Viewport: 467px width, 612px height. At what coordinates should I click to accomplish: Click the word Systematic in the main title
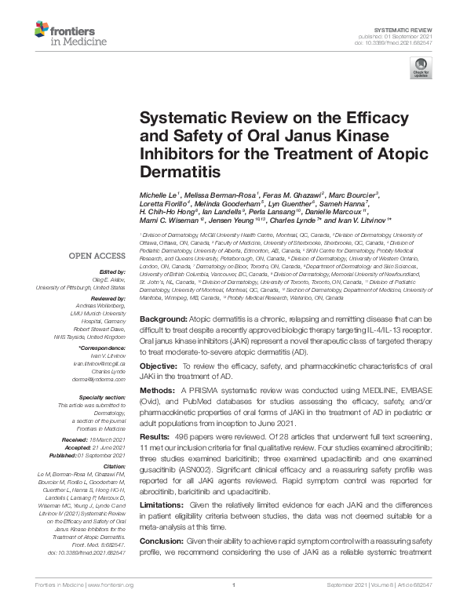(178, 118)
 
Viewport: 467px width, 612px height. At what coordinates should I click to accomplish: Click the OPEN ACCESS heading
(97, 255)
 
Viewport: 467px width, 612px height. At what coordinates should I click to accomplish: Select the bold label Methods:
(159, 389)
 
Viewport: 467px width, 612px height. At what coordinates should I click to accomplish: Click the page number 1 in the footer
(234, 606)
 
